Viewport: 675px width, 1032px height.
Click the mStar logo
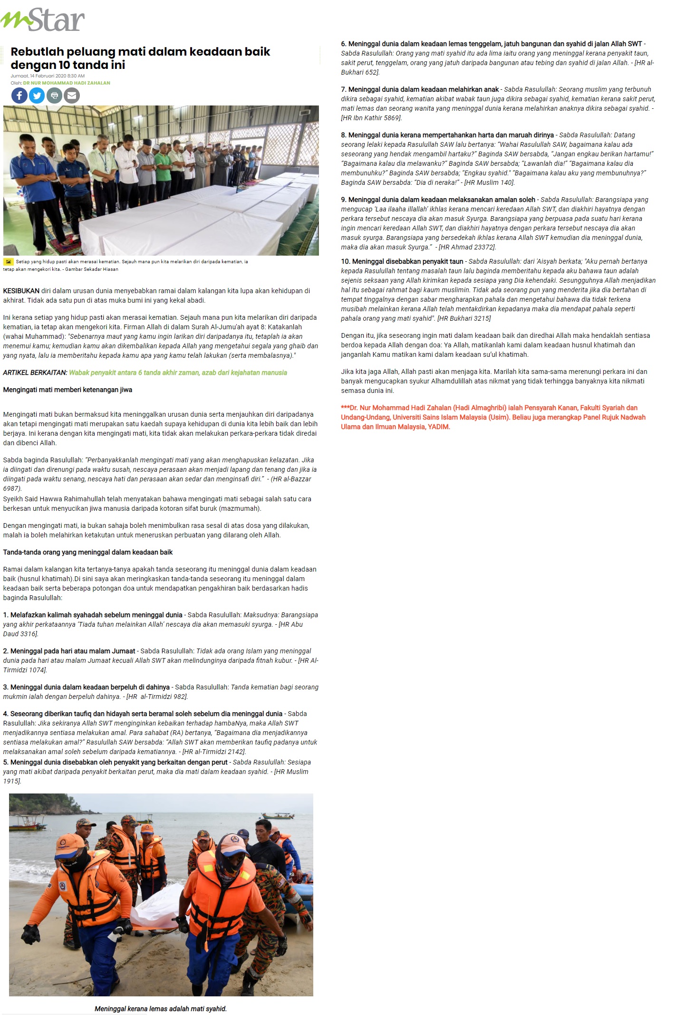[x=43, y=20]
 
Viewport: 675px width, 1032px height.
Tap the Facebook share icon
[x=19, y=96]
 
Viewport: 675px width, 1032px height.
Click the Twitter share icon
[x=37, y=96]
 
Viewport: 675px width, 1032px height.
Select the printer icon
[x=54, y=96]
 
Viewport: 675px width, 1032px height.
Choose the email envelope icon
[x=72, y=96]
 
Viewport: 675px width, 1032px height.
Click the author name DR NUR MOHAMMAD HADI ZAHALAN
[x=67, y=83]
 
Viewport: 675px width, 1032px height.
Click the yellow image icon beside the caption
[x=9, y=262]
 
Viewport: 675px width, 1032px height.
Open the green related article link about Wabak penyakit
[x=178, y=373]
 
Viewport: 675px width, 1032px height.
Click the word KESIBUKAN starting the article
[x=21, y=291]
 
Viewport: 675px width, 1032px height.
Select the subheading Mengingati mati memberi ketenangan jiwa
[x=67, y=390]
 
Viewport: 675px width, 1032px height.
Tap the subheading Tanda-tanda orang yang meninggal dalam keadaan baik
[x=87, y=552]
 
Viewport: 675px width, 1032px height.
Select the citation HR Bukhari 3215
[x=464, y=318]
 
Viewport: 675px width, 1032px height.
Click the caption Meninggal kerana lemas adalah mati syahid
[x=161, y=1009]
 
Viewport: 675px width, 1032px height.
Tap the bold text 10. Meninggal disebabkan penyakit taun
[x=402, y=261]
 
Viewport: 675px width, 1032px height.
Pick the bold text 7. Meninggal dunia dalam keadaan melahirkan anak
[x=420, y=89]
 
